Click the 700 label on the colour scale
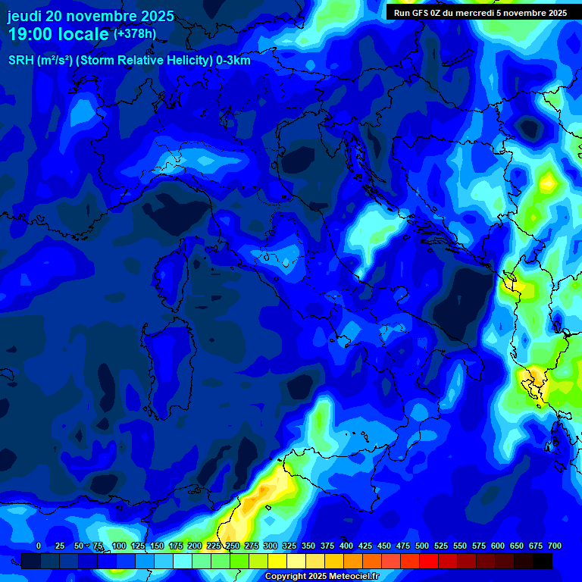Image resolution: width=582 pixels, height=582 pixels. (555, 546)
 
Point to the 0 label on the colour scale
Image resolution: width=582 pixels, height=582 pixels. (39, 546)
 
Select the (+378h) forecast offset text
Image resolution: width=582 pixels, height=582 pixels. (134, 33)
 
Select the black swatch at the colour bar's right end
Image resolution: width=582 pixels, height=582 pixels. (543, 561)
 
